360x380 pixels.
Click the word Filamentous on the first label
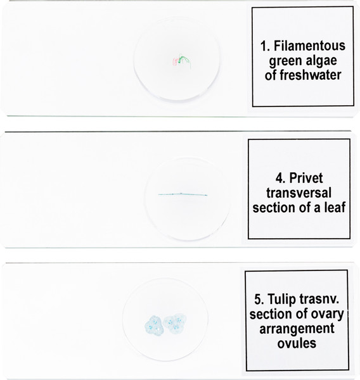coord(309,46)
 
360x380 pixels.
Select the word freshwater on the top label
coord(311,75)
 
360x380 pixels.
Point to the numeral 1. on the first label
coord(266,46)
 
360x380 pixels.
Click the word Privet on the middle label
coord(306,178)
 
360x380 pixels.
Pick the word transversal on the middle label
coord(299,193)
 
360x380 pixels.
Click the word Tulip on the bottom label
coord(282,300)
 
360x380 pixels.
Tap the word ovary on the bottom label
coord(328,315)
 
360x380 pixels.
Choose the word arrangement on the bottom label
coord(297,329)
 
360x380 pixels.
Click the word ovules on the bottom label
coord(297,343)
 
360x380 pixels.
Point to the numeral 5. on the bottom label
coord(259,300)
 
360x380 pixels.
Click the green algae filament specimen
coord(185,60)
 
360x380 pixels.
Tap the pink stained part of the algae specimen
coord(175,61)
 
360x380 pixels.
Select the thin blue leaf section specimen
coord(183,194)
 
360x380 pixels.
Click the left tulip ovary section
coord(154,326)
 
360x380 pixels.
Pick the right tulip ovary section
coord(175,324)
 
